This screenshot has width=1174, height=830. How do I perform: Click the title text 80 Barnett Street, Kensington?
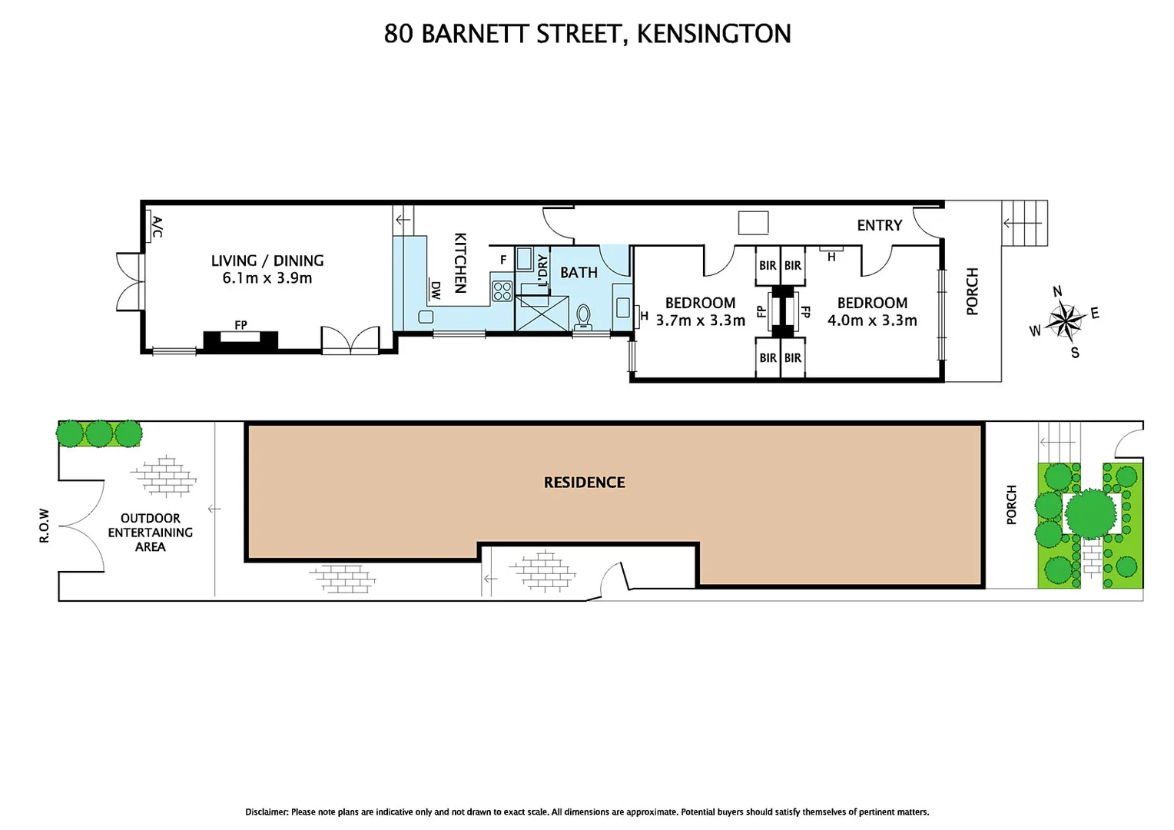[587, 34]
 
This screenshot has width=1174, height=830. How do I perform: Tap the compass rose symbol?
[1064, 320]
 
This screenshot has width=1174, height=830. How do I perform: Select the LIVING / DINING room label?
[267, 261]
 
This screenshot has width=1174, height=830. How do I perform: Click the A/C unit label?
[157, 227]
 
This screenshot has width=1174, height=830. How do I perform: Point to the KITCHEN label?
[460, 263]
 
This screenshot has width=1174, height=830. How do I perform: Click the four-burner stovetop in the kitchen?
[502, 290]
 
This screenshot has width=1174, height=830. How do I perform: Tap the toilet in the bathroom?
[583, 316]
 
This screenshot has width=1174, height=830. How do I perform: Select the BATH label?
[579, 273]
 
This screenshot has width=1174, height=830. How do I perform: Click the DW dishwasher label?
[436, 290]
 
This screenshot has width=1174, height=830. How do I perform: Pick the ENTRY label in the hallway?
[879, 225]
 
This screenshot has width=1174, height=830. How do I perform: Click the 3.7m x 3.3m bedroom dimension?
[700, 320]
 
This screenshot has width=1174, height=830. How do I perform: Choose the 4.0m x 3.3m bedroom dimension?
[872, 320]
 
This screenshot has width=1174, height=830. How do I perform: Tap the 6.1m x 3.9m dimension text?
[267, 278]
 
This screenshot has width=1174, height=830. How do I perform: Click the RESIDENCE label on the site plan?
[584, 483]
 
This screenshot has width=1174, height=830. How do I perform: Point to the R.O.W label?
[45, 526]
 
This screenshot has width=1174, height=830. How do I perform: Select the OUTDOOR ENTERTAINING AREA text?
[151, 533]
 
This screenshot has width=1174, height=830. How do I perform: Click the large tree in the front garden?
[1090, 513]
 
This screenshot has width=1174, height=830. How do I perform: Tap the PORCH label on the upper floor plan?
[972, 291]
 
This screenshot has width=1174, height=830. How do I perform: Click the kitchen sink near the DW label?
[426, 317]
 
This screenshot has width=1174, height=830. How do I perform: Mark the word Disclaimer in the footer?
[267, 812]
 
